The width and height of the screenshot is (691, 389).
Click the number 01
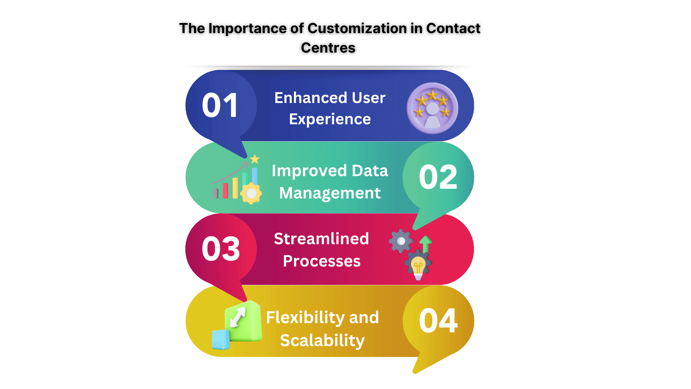point(220,105)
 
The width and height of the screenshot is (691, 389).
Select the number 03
point(221,249)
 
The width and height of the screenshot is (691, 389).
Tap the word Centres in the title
point(328,48)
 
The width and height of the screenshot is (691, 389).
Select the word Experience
point(330,119)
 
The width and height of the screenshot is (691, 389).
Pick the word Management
point(330,193)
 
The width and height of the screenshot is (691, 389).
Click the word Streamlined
point(321,239)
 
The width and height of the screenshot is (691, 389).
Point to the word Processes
point(321,261)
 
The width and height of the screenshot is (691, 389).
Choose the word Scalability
point(322,340)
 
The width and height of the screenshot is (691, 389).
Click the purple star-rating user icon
point(432,108)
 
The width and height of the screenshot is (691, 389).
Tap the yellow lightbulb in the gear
point(418,267)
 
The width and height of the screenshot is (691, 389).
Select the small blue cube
point(221,339)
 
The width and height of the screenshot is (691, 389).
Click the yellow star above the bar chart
point(255,158)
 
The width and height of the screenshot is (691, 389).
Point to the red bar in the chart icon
point(225,191)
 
